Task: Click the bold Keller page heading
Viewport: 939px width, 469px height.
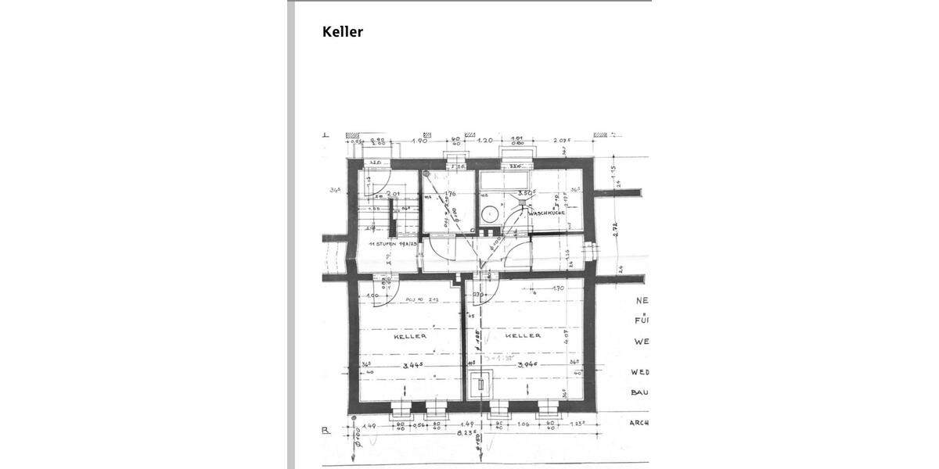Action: pyautogui.click(x=343, y=32)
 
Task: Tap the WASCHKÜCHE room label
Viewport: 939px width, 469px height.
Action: pyautogui.click(x=547, y=213)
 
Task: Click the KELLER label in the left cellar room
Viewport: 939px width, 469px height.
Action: pyautogui.click(x=410, y=336)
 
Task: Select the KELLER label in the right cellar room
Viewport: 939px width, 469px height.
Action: pyautogui.click(x=523, y=335)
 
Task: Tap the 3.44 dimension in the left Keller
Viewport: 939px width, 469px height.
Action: pyautogui.click(x=414, y=365)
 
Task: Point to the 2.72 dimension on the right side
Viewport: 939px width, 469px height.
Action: pyautogui.click(x=616, y=229)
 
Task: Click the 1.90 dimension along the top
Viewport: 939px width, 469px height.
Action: pyautogui.click(x=419, y=141)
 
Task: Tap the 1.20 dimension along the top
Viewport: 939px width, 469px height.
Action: pyautogui.click(x=485, y=141)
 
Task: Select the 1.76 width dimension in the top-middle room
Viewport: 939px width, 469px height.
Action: pyautogui.click(x=449, y=194)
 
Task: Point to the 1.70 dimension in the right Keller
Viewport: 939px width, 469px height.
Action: pyautogui.click(x=558, y=288)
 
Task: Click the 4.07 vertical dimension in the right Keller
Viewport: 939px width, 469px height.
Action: pyautogui.click(x=566, y=337)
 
